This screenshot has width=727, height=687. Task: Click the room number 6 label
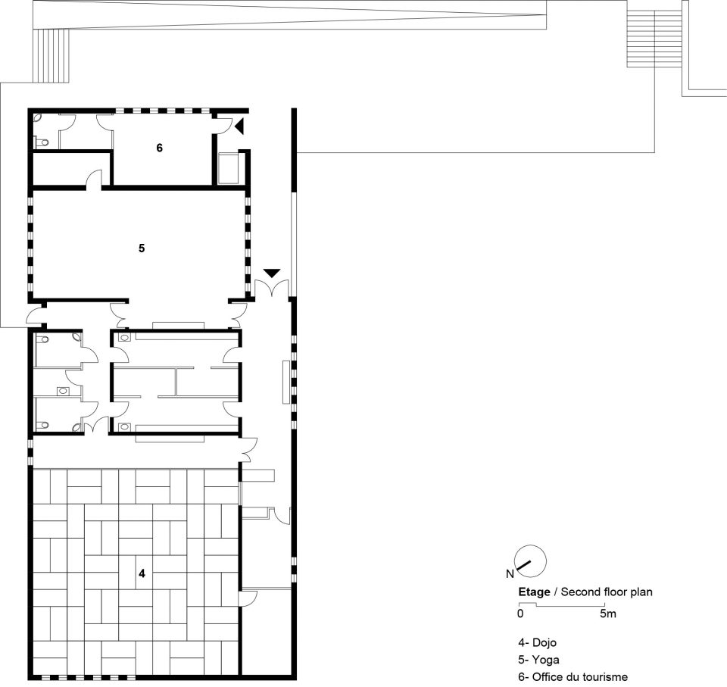point(160,148)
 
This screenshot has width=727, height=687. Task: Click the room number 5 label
point(142,248)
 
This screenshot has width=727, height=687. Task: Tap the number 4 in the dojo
point(142,573)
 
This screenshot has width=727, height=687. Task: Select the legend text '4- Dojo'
point(538,642)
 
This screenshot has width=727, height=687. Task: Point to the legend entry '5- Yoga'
point(538,660)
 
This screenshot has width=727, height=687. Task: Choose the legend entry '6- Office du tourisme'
point(573,677)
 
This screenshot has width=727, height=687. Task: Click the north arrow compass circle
point(531,561)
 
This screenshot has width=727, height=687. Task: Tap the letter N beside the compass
point(510,574)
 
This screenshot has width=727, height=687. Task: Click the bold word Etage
point(534,592)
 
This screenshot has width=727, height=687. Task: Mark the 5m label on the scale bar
point(608,614)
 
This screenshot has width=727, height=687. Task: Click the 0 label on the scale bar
point(520,614)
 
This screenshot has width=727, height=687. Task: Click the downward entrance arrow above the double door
point(272,273)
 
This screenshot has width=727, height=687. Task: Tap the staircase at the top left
point(51,55)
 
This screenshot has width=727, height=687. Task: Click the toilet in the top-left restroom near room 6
point(42,142)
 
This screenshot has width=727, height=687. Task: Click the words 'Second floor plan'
point(607,592)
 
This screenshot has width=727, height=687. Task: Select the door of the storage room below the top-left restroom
point(95,180)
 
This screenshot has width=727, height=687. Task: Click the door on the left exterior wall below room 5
point(36,317)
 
